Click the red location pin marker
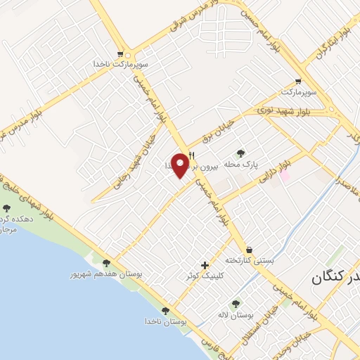point(181,165)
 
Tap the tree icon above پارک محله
point(241,153)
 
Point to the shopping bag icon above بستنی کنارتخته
point(249,250)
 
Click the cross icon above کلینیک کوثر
point(205,266)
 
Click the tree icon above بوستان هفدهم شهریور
point(106,263)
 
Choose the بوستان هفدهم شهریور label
point(106,274)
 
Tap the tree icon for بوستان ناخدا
point(166,310)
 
